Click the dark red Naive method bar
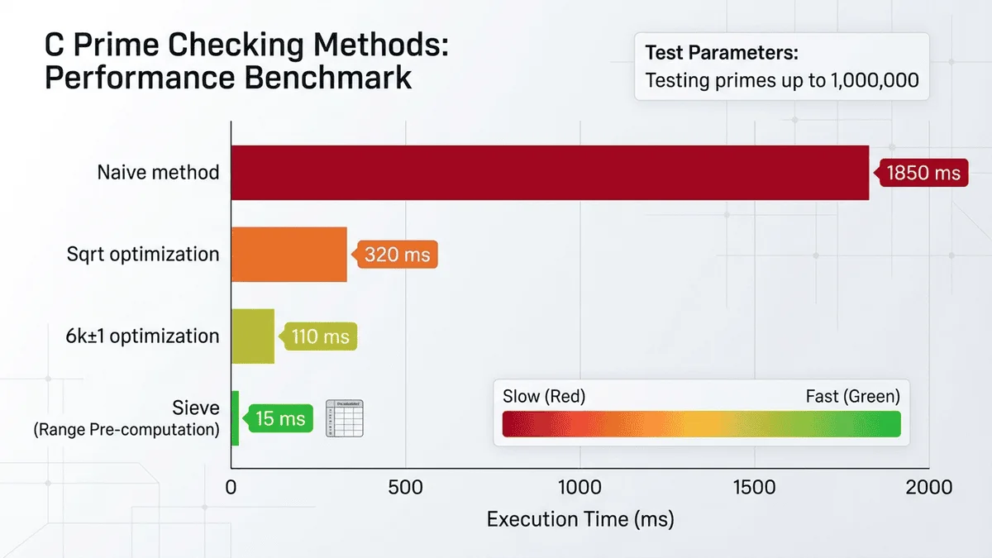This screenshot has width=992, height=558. click(x=550, y=172)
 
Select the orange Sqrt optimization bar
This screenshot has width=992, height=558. click(x=289, y=254)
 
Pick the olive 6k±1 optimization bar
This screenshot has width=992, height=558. click(x=252, y=336)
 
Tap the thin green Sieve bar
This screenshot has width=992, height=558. click(x=235, y=417)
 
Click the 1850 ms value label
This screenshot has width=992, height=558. click(x=923, y=173)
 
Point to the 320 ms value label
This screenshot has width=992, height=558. click(x=397, y=255)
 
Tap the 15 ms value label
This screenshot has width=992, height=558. click(x=280, y=418)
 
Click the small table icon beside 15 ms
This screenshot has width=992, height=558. click(x=346, y=418)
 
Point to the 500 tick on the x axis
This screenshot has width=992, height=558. click(x=405, y=488)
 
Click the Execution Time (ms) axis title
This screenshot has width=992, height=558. click(x=580, y=520)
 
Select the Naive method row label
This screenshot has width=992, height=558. click(x=158, y=172)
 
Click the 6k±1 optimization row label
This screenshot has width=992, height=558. click(x=143, y=336)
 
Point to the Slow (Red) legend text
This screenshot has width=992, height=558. click(x=544, y=396)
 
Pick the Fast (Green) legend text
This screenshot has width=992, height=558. click(x=852, y=396)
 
